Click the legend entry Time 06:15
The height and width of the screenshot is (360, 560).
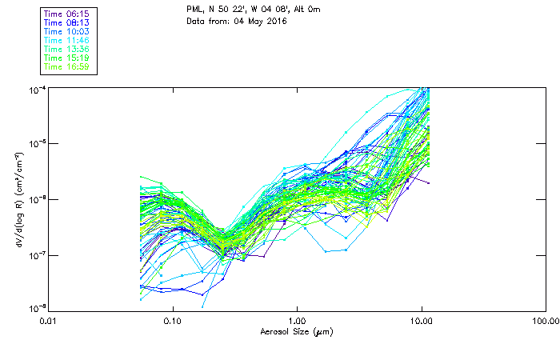click(x=66, y=14)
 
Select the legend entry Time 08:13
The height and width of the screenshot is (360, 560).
click(x=66, y=22)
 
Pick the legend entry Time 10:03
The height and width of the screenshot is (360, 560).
click(x=66, y=31)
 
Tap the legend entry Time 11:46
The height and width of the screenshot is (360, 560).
click(x=66, y=40)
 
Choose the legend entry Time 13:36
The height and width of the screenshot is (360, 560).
click(x=66, y=49)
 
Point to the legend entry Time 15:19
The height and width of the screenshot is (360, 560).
click(x=66, y=58)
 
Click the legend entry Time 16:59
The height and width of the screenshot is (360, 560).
click(x=66, y=66)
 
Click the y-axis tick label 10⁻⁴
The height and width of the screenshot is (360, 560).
click(x=37, y=90)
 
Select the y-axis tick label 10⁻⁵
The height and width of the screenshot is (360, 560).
click(x=37, y=144)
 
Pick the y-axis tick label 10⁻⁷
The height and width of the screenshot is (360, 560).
click(x=37, y=254)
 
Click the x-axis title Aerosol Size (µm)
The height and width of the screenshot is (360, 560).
click(x=297, y=331)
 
